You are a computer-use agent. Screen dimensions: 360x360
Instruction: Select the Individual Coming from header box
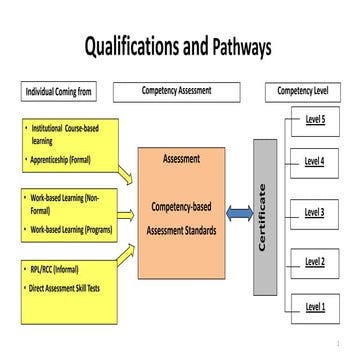[59, 93]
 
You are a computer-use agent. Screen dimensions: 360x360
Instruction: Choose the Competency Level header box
[305, 92]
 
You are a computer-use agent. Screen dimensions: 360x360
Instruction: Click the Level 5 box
[315, 121]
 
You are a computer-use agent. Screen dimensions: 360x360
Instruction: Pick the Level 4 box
[315, 160]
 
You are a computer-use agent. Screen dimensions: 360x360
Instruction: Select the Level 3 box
[315, 212]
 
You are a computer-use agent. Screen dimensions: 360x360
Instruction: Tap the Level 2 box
[315, 262]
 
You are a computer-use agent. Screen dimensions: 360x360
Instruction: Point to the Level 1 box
[315, 305]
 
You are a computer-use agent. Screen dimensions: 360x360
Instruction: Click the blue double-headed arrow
[239, 213]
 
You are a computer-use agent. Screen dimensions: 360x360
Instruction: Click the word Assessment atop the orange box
[181, 158]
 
